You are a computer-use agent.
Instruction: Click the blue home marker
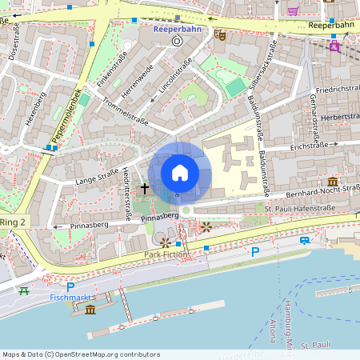(180, 172)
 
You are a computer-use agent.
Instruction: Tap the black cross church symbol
(145, 189)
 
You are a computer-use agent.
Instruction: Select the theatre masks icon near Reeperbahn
(219, 34)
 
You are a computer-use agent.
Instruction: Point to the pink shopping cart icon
(293, 10)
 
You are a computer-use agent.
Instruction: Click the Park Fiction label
(165, 254)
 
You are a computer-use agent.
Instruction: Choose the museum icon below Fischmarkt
(90, 310)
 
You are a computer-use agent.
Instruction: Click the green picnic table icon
(24, 291)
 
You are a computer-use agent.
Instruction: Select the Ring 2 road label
(13, 221)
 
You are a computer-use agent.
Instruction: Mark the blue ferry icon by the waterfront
(305, 240)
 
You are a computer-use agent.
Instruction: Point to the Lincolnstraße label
(176, 76)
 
